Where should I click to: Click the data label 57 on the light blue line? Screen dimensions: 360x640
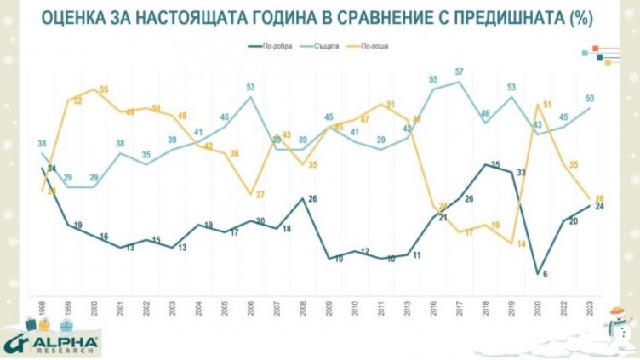click(x=459, y=71)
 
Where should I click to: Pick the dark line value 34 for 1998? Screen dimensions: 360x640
click(x=50, y=169)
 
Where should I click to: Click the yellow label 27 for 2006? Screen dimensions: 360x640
click(x=260, y=194)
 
